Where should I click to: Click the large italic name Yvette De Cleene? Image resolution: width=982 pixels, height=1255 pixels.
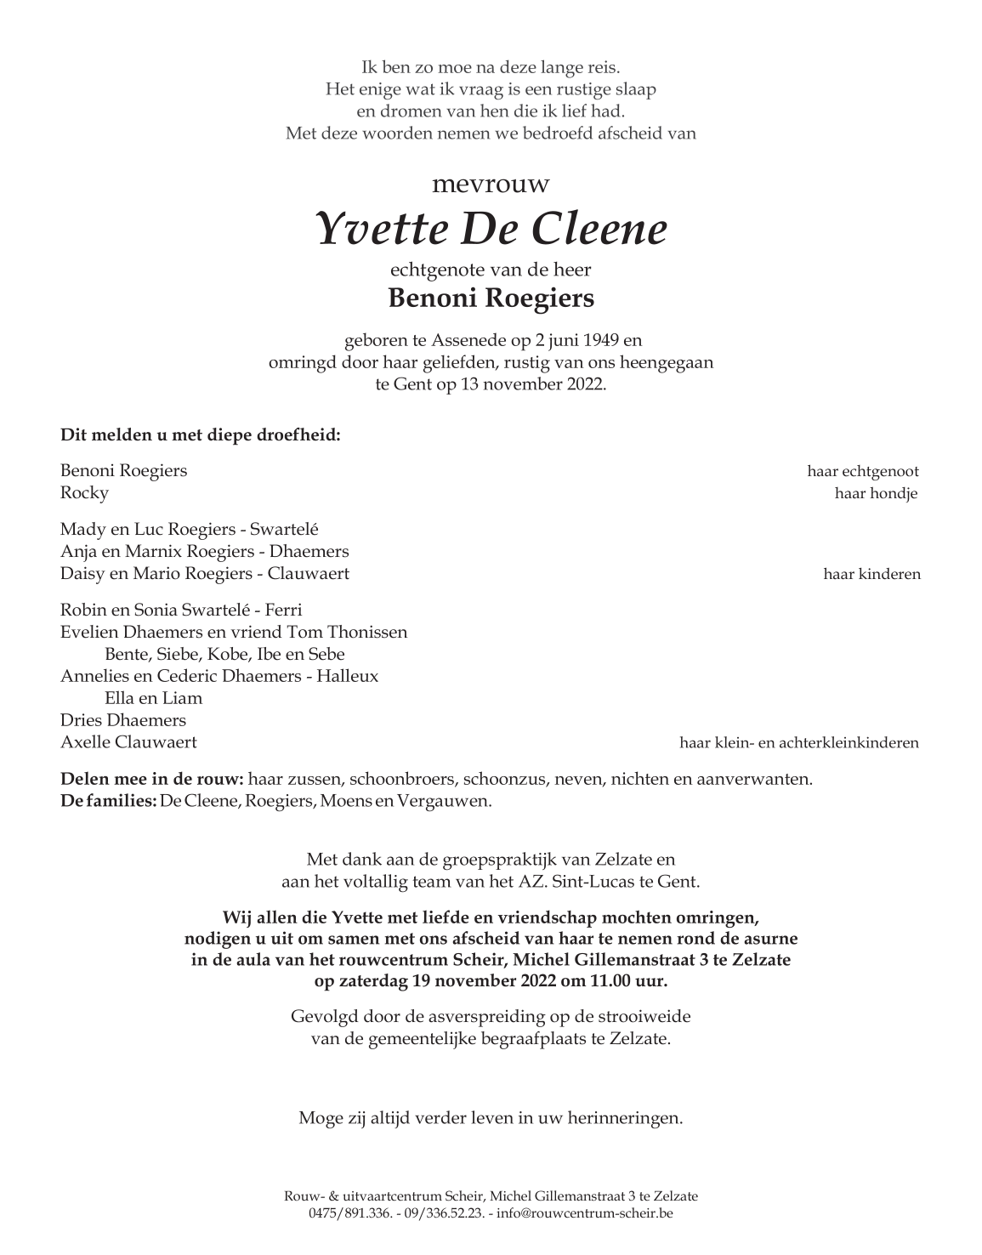[491, 229]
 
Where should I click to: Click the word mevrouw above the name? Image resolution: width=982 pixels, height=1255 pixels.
[491, 185]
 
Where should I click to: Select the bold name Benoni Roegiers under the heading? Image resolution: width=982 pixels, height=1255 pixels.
[491, 298]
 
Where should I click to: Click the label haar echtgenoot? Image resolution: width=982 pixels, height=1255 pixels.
[863, 471]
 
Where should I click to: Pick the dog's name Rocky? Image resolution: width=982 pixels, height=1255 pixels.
[84, 493]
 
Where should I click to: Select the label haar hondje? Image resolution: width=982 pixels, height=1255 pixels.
[876, 493]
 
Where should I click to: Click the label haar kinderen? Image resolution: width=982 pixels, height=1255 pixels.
[871, 574]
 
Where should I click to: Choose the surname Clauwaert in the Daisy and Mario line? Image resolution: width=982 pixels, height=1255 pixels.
[309, 574]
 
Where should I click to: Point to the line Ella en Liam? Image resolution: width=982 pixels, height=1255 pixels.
[153, 698]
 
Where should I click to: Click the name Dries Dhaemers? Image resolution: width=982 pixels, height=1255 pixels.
[123, 720]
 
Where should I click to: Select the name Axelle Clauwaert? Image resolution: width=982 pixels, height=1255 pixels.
[128, 742]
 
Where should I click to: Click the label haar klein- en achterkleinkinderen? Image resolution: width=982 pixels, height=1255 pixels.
[798, 742]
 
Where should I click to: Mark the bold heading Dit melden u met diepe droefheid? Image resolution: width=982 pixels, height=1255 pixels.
[201, 435]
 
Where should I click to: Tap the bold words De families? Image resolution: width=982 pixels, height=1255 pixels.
[109, 801]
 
